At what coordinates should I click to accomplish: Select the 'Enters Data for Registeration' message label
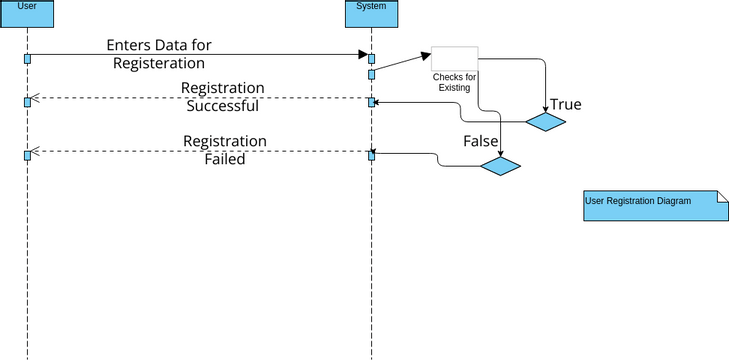pos(159,54)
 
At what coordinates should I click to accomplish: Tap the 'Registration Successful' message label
pos(222,97)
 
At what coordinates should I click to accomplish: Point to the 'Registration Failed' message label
pos(224,150)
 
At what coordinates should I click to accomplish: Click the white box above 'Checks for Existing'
pos(454,58)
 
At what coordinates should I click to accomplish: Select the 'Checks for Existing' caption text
pos(454,83)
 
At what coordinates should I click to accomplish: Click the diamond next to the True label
pos(546,122)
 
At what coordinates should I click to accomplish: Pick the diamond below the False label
pos(500,166)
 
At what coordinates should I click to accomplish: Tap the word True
pos(565,105)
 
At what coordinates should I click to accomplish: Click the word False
pos(480,142)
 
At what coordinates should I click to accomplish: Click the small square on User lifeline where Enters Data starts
pos(27,59)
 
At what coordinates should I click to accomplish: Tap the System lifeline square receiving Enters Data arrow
pos(371,59)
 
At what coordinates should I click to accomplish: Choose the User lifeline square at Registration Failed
pos(27,155)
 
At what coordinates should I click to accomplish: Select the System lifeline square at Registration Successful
pos(371,102)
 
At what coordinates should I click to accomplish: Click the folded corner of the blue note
pos(721,197)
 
